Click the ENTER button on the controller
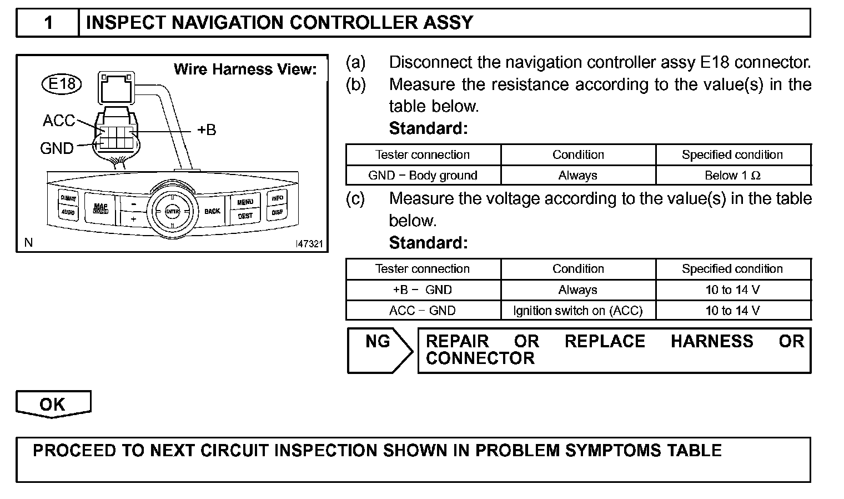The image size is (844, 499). point(172,212)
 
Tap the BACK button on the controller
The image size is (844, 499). point(212,211)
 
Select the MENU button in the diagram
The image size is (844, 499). point(245,202)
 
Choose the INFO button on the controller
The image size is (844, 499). point(277,198)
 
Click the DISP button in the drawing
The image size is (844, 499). point(277,212)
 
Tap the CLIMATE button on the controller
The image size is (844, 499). point(68,198)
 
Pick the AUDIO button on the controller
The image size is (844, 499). point(68,212)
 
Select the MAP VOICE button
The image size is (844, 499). point(101,208)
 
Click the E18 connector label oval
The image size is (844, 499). point(62,84)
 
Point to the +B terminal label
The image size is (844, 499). point(207,130)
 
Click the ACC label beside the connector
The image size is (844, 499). point(59,121)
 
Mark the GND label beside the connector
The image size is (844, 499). point(57,148)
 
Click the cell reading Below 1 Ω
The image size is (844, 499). point(733,176)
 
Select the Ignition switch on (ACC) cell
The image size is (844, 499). point(578,311)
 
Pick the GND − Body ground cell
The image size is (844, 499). point(423,176)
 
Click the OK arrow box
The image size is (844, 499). point(53,404)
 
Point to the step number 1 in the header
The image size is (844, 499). point(48,23)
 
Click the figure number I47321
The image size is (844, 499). point(309,244)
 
